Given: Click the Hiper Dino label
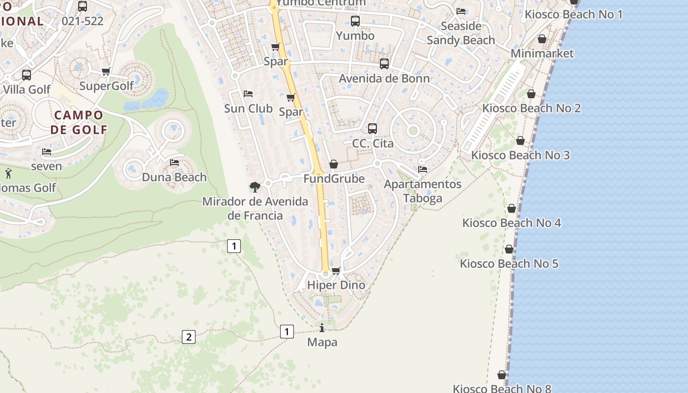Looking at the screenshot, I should [336, 285].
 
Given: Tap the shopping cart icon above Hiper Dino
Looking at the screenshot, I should [336, 271].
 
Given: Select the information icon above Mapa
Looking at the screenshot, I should [322, 328].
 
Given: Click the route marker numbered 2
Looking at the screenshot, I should [188, 337].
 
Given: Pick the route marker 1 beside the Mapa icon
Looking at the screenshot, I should [287, 332].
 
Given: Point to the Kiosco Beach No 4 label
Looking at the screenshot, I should [512, 223].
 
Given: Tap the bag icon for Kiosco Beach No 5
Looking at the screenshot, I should [509, 249].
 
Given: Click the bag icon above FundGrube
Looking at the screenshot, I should [334, 164].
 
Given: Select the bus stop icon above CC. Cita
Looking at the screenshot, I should [373, 129].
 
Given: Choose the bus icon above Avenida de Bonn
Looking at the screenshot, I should [384, 64].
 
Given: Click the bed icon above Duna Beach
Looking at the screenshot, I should [174, 163].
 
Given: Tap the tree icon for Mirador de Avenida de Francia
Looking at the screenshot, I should [255, 187].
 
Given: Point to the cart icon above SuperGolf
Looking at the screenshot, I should [106, 72].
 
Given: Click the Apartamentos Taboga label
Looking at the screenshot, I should [423, 191].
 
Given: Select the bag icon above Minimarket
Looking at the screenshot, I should [542, 39].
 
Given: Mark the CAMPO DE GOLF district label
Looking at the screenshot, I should [79, 122].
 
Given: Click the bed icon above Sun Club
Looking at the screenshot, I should [248, 94].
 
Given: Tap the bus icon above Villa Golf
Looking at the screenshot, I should [27, 75].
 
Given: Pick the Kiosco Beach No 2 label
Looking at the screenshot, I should [532, 108].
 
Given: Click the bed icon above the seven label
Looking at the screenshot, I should [47, 152].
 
